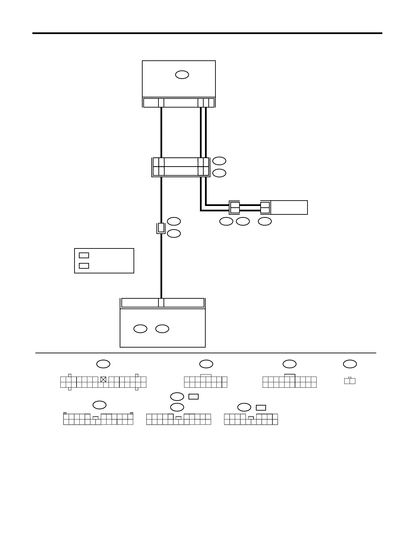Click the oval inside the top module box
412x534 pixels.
click(x=182, y=75)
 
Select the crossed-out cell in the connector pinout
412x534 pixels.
click(x=103, y=379)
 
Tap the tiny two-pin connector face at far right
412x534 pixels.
click(x=350, y=381)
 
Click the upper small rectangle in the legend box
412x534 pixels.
click(x=84, y=255)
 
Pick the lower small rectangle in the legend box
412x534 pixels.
click(x=84, y=266)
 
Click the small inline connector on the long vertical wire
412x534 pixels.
click(x=161, y=228)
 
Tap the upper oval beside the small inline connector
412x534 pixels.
click(x=174, y=221)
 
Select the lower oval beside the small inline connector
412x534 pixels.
click(x=174, y=233)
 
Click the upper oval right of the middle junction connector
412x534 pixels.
click(x=219, y=161)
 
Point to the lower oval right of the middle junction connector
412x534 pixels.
click(x=219, y=173)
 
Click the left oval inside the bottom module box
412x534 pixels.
click(x=140, y=329)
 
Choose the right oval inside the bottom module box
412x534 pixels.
click(x=162, y=329)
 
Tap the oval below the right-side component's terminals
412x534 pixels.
click(x=265, y=221)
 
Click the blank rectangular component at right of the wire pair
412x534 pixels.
click(x=289, y=207)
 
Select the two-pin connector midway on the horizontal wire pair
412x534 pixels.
click(x=235, y=207)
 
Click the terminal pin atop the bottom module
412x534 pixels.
click(x=161, y=303)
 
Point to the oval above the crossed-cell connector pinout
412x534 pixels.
click(x=103, y=364)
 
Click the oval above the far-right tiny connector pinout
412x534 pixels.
click(x=350, y=364)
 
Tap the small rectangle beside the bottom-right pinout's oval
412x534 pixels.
click(x=261, y=408)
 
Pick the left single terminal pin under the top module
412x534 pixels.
click(x=161, y=103)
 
